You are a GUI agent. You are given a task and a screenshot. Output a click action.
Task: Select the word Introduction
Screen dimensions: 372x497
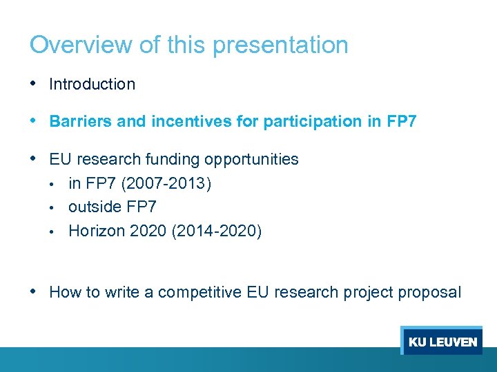point(92,85)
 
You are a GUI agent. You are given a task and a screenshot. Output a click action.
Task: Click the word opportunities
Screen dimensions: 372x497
point(251,160)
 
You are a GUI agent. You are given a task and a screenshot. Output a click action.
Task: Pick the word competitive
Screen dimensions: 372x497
point(199,292)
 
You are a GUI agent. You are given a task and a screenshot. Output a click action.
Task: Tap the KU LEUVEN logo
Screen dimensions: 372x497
point(442,341)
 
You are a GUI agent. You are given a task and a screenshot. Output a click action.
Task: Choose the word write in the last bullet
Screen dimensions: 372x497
point(123,292)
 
